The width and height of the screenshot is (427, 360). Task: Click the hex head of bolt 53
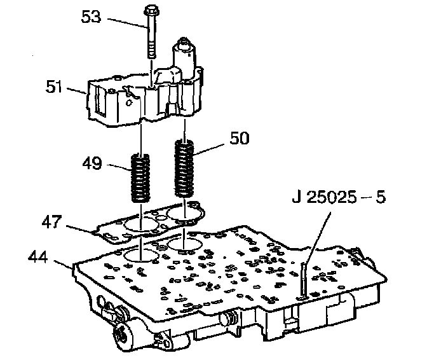152,12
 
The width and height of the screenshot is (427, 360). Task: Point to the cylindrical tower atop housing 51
187,56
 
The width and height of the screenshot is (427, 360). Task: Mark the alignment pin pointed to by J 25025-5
305,280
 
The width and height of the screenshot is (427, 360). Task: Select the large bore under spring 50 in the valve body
183,244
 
